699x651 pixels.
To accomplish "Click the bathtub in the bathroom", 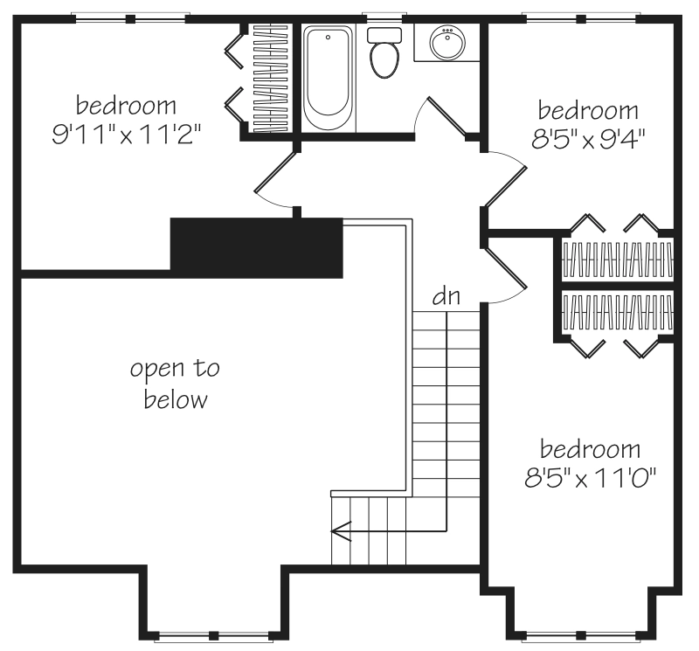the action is click(329, 78).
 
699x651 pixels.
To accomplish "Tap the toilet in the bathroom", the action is click(384, 52).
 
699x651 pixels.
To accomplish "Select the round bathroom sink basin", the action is click(447, 43).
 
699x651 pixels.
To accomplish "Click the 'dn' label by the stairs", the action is click(446, 296).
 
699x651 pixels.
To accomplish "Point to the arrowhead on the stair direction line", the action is click(341, 531).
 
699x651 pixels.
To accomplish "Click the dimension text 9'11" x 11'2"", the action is click(126, 134).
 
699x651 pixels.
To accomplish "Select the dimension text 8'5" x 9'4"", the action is click(588, 139).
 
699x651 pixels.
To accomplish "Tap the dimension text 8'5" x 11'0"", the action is click(591, 478).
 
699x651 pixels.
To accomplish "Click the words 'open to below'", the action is click(176, 384).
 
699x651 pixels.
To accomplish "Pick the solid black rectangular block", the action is click(257, 248).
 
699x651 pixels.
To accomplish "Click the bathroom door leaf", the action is click(446, 115).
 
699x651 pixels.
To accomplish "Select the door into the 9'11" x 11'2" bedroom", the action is click(275, 171).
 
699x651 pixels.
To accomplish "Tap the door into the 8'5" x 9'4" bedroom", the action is click(506, 187).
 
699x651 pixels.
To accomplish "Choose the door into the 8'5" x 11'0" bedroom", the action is click(506, 267).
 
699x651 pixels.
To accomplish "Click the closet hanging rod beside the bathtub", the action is click(270, 78).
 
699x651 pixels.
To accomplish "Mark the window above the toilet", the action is click(384, 18).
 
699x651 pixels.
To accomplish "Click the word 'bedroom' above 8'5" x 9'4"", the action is click(588, 111).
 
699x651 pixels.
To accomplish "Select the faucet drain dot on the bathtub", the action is click(329, 38).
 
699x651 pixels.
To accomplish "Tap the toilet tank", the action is click(384, 35).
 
